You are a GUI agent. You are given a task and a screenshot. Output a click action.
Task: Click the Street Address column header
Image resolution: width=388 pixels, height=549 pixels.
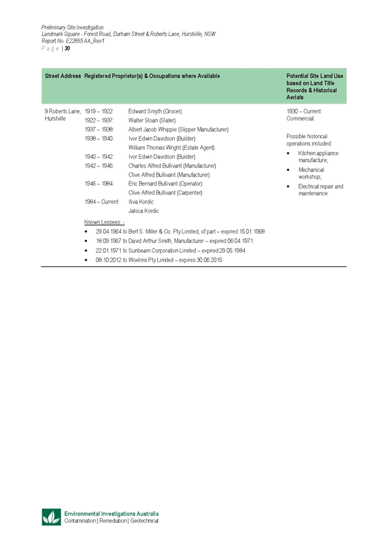coord(63,76)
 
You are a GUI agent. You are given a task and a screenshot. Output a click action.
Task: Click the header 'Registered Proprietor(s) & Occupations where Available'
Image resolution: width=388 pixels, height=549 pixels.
coord(152,76)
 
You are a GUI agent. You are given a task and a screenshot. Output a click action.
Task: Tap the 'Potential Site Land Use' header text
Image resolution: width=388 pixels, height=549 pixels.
coord(315,76)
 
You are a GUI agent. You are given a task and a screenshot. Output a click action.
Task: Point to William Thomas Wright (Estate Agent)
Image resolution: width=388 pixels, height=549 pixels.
coord(171,147)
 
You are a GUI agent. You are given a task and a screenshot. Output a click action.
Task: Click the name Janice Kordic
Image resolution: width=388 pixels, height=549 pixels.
coord(143,211)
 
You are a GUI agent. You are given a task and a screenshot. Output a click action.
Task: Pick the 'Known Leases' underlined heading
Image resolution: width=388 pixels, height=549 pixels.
coord(104,222)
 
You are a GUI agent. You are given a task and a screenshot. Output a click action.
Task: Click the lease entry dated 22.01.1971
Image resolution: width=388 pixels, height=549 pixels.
coord(171,250)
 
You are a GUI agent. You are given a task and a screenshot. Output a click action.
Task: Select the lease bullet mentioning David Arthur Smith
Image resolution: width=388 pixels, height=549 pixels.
coord(174,241)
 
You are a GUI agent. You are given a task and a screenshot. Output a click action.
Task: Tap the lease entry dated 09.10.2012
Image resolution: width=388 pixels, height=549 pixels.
coord(159,260)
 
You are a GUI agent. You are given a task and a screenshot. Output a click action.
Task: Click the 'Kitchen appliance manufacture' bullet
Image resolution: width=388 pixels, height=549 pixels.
coord(319,157)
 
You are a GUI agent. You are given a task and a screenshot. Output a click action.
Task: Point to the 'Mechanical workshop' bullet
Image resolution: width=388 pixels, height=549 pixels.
coord(314,173)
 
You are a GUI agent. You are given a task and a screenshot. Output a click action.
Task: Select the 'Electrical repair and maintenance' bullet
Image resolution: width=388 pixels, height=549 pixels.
coord(321,189)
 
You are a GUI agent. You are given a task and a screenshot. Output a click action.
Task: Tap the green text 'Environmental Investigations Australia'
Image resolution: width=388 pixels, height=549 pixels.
coord(111,514)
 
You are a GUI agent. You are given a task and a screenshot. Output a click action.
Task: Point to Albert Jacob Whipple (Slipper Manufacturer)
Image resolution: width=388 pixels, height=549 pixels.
coord(178,130)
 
